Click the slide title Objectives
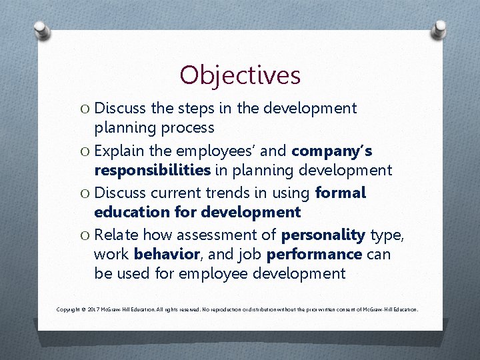coord(240,75)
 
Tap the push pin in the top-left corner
coord(41,30)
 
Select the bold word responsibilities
coord(153,170)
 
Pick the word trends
coord(229,193)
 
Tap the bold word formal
coord(341,193)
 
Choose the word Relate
coord(117,235)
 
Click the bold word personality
coord(323,235)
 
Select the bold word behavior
coord(166,255)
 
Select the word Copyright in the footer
coord(69,310)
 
